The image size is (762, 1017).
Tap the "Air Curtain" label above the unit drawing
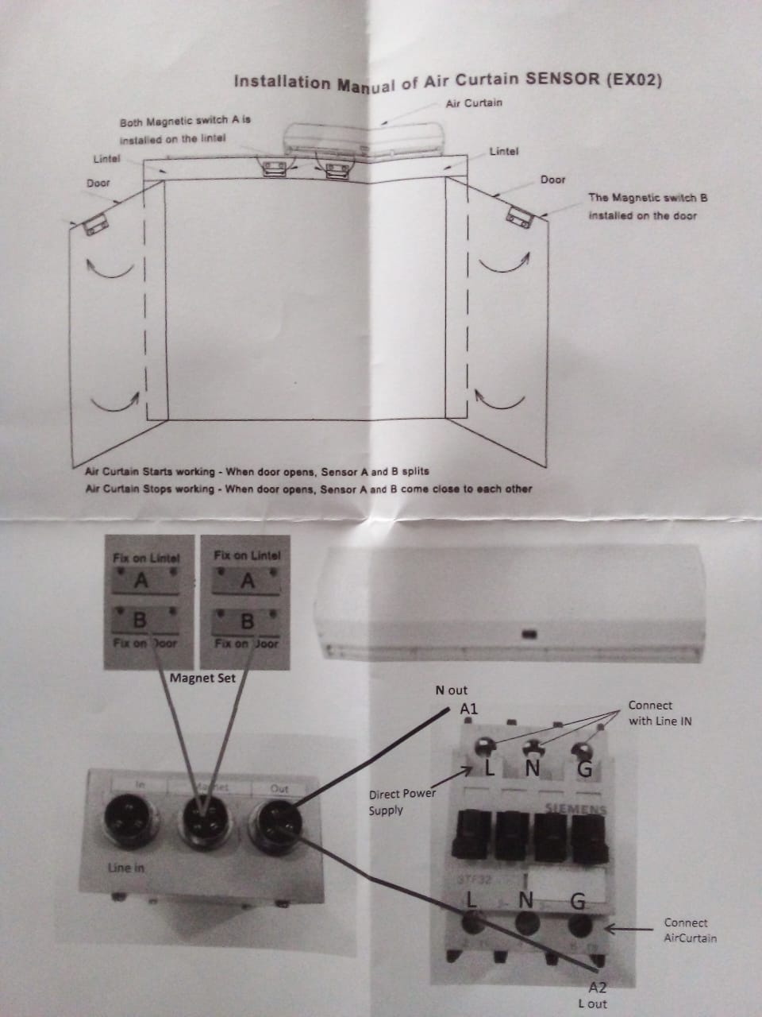click(474, 103)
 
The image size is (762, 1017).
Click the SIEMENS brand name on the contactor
click(575, 809)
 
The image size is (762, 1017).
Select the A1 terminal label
click(469, 708)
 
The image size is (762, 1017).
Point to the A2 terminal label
click(598, 988)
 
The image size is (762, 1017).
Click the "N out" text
click(452, 690)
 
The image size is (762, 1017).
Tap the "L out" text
click(593, 1003)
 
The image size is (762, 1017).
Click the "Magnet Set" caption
click(203, 678)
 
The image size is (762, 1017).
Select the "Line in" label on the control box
click(126, 868)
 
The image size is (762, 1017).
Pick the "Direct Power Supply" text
click(402, 802)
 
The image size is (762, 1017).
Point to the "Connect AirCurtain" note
click(690, 930)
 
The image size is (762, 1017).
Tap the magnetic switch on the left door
click(94, 225)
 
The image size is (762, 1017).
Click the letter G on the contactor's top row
click(583, 768)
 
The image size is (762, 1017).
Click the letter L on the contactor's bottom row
click(471, 900)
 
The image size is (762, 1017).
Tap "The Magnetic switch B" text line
click(648, 198)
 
